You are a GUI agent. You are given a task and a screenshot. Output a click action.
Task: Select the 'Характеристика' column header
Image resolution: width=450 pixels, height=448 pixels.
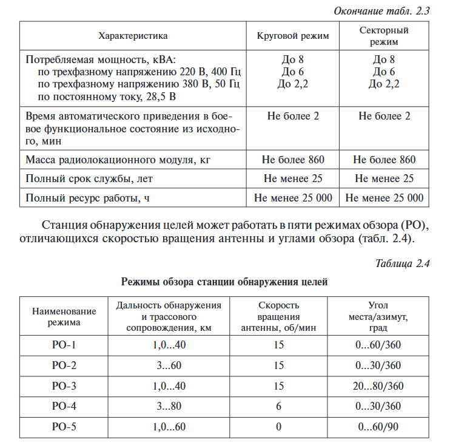click(133, 36)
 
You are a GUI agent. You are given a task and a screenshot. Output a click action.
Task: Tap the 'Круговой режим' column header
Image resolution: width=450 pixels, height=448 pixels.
click(293, 36)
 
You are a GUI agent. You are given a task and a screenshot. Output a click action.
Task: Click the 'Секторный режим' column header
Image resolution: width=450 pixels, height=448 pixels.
click(384, 36)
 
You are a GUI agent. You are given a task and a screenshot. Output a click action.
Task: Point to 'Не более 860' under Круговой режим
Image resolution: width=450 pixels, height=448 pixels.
click(293, 160)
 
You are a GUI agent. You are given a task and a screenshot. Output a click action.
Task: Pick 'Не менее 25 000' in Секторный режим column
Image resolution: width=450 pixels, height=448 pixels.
click(385, 198)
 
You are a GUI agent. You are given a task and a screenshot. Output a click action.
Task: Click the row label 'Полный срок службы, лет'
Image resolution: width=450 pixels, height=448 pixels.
click(89, 179)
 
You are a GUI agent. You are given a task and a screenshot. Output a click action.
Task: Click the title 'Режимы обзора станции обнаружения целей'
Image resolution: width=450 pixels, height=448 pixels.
click(224, 282)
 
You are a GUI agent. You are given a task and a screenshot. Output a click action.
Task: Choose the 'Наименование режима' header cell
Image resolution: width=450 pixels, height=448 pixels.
click(64, 316)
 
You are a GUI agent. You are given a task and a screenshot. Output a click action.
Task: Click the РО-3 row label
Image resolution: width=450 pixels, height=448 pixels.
click(64, 386)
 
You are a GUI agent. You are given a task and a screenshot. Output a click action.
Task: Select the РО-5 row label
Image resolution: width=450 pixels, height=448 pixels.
click(64, 427)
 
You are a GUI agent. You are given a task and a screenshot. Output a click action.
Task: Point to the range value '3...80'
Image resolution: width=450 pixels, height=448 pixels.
click(169, 406)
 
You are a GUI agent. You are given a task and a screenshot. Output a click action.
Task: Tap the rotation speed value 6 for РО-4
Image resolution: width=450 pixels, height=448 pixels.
click(278, 406)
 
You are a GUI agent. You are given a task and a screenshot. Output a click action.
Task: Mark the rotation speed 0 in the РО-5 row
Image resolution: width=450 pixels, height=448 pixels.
click(278, 427)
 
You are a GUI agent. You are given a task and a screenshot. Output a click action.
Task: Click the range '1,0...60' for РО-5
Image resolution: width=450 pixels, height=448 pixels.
click(169, 427)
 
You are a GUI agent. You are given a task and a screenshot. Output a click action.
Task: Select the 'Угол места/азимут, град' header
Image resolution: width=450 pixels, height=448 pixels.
click(378, 316)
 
